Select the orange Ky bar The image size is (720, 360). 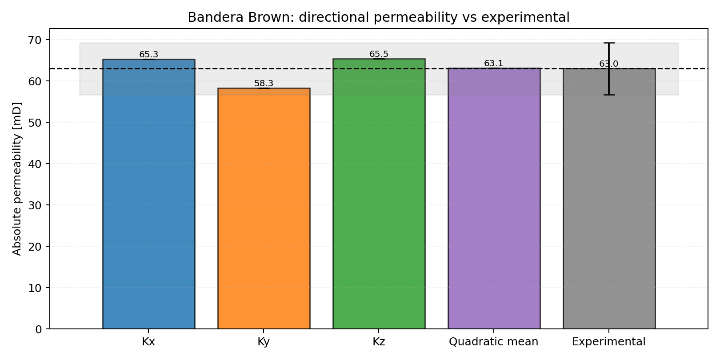[x=264, y=208]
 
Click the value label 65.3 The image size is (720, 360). [x=148, y=55]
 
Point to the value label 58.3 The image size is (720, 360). [x=264, y=84]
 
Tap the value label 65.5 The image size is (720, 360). [x=379, y=54]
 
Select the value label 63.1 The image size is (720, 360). [x=494, y=64]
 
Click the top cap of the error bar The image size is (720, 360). [x=609, y=43]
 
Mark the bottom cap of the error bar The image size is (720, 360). [x=609, y=95]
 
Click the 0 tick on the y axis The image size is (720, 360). [x=39, y=329]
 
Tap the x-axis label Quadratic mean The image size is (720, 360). [x=493, y=342]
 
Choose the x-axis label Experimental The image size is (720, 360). [x=608, y=342]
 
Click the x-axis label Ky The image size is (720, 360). [x=264, y=342]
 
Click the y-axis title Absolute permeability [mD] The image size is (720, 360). [x=17, y=179]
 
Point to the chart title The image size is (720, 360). [x=378, y=17]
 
